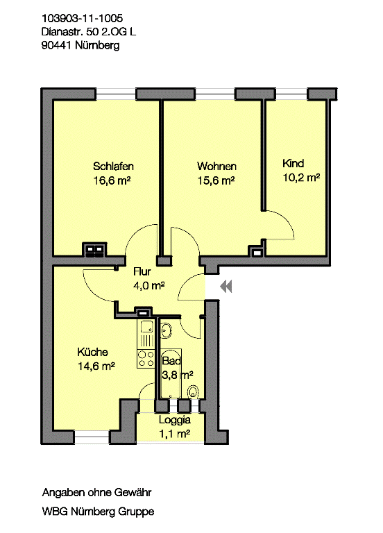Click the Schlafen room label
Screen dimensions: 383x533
[113, 167]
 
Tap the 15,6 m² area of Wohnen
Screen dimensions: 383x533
[216, 180]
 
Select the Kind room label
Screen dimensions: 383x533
[293, 164]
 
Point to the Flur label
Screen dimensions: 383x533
[142, 271]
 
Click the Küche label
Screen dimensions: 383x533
[92, 352]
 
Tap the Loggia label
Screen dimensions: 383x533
[175, 420]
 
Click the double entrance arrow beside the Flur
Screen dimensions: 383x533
[226, 287]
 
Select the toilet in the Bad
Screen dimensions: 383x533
[193, 391]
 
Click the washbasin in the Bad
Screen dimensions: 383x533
[167, 330]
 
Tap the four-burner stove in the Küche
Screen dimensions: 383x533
[146, 359]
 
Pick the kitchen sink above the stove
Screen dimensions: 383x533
[146, 327]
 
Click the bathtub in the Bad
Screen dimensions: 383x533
[171, 373]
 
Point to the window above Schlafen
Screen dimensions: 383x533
[116, 94]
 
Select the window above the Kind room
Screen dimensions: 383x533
[291, 94]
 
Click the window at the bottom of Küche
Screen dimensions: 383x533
[92, 437]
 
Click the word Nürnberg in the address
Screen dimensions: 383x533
[97, 45]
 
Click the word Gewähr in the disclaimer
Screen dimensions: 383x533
[133, 492]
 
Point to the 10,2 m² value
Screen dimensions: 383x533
[301, 178]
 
